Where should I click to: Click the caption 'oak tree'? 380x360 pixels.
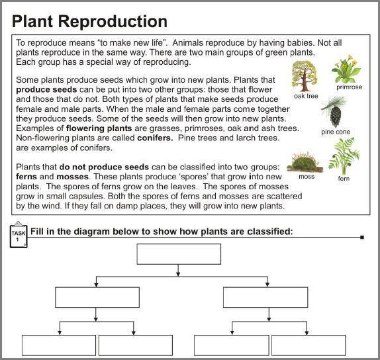coord(306,96)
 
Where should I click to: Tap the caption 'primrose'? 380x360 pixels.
coord(349,87)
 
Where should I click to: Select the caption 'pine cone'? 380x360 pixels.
coord(336,132)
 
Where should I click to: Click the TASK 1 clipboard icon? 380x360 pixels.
coord(19,236)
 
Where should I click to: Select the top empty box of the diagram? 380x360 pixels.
coord(179,254)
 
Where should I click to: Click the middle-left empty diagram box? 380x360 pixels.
coord(97,297)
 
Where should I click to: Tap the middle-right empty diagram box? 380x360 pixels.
coord(265,297)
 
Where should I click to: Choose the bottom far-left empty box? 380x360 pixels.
coord(59,345)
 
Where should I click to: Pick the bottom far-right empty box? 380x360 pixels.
coord(309,345)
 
